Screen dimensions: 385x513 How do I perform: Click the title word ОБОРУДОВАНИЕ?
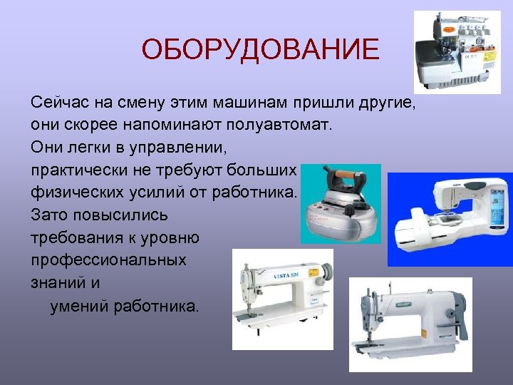point(260,50)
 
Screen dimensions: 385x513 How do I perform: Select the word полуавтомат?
point(279,125)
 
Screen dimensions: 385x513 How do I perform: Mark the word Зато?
point(46,215)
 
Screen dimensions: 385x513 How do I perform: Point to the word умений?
point(80,306)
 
